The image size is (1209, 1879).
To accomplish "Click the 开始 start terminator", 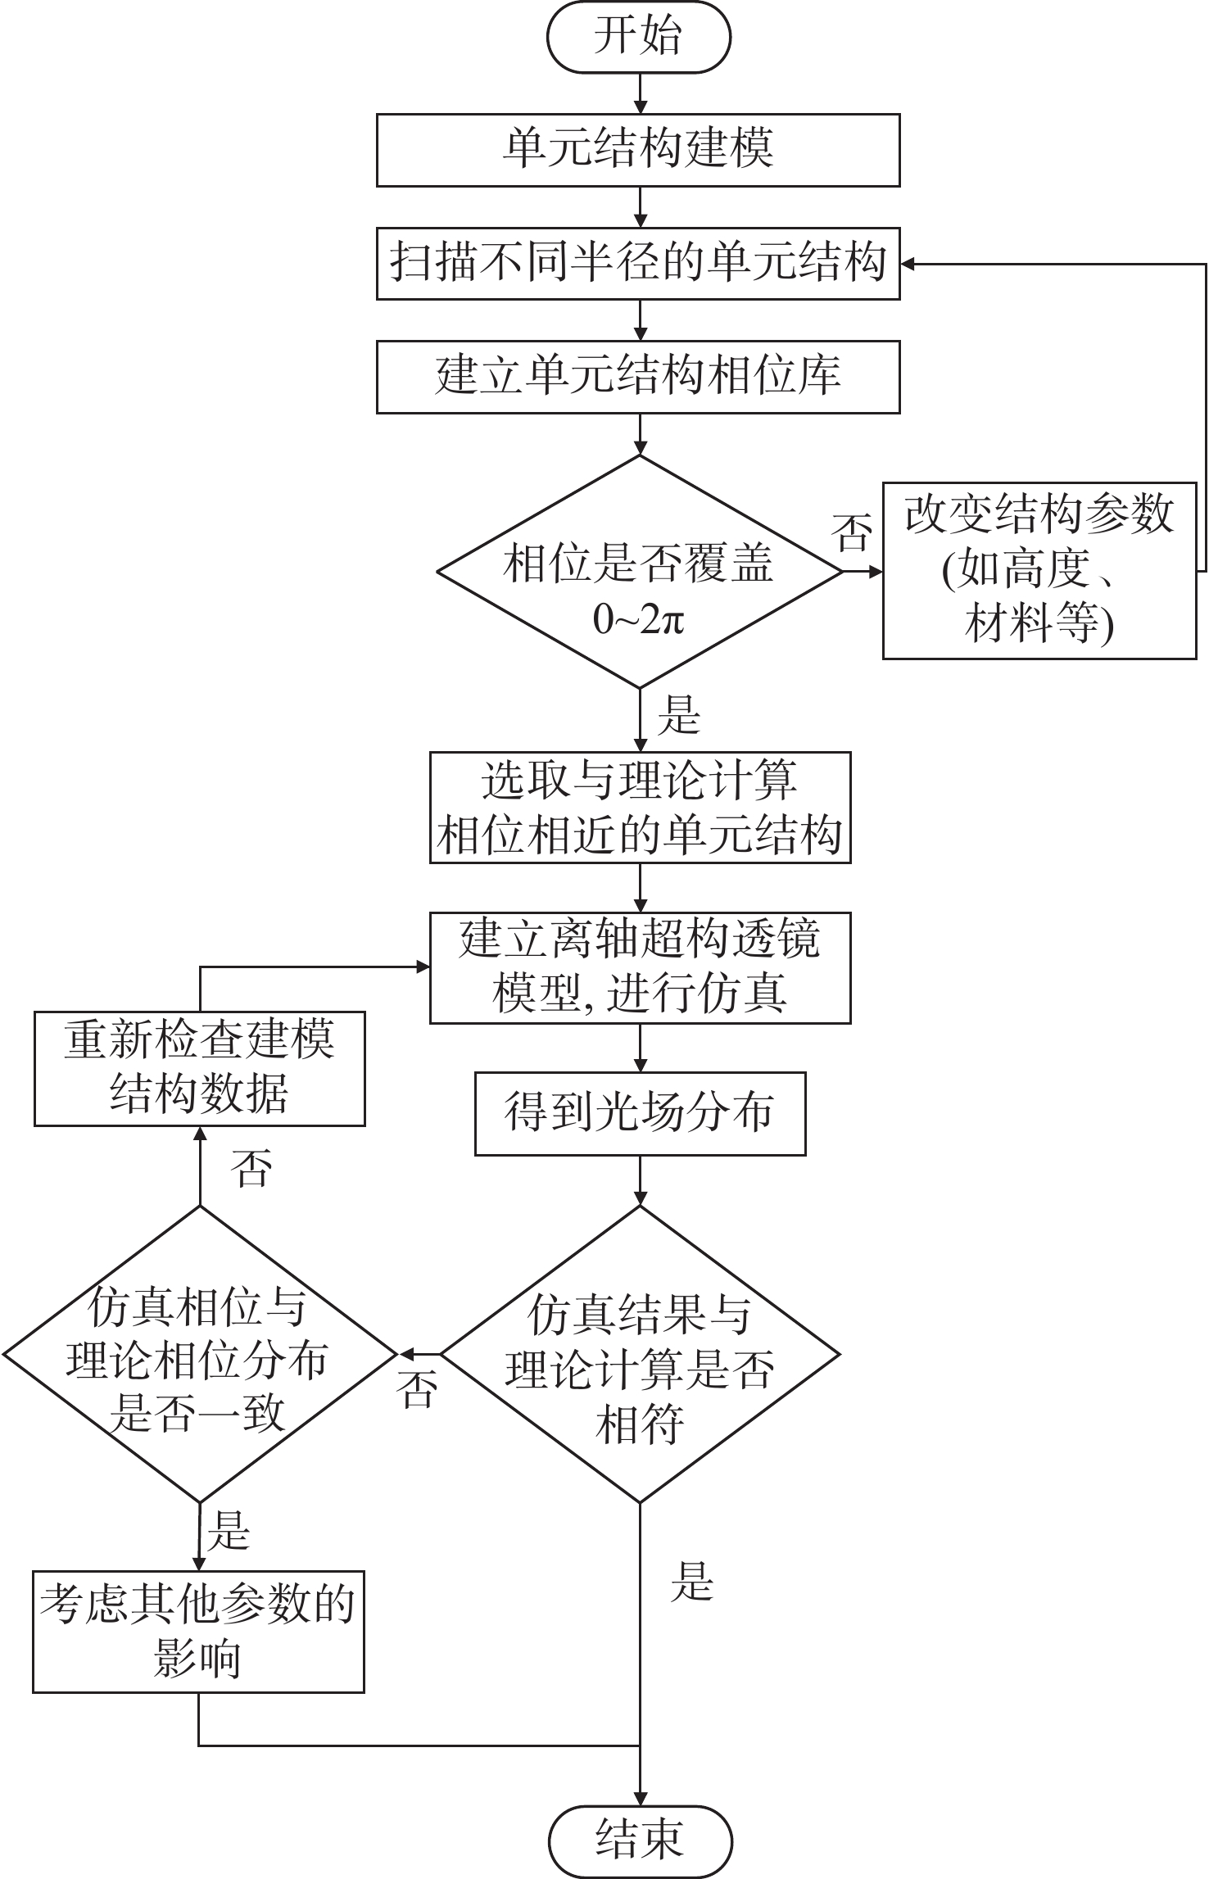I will point(638,38).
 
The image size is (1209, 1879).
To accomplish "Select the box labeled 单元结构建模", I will point(638,150).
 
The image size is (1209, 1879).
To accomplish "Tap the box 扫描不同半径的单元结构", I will point(638,264).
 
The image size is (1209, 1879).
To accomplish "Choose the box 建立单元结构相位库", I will point(638,377).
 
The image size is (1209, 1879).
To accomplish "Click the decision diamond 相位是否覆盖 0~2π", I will point(639,572).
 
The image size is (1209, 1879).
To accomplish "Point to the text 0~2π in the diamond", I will point(639,620).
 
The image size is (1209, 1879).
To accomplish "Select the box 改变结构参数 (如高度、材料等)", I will point(1039,571).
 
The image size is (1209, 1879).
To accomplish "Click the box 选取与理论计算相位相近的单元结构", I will point(640,808).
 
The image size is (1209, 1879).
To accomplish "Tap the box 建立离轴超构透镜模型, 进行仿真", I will point(640,967).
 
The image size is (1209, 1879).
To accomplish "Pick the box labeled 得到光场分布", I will point(640,1113).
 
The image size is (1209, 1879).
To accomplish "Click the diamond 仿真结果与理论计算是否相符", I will point(640,1355).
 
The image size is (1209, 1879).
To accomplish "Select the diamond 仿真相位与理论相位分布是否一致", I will point(199,1355).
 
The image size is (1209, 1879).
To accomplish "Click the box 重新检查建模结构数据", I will point(199,1068).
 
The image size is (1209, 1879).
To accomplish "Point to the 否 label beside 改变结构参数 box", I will point(851,532).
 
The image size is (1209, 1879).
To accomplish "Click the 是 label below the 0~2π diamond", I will point(678,714).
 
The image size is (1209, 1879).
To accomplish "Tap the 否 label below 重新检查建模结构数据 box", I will point(251,1168).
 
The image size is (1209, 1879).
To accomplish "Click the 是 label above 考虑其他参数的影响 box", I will point(228,1530).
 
